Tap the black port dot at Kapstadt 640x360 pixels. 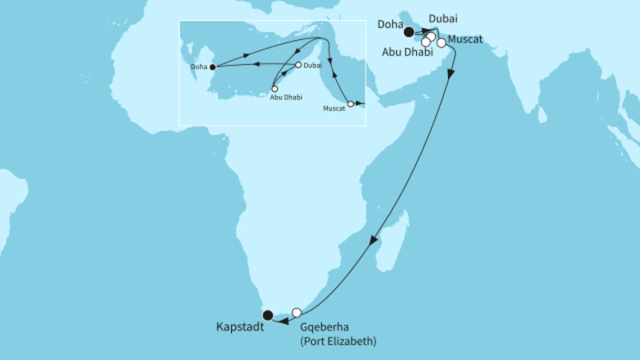(269, 315)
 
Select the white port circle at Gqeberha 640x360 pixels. (297, 312)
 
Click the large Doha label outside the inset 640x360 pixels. (390, 26)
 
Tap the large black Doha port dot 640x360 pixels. (409, 33)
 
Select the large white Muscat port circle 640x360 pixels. (441, 42)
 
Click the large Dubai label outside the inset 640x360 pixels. (444, 18)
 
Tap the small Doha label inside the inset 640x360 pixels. (199, 67)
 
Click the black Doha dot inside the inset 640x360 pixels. (212, 67)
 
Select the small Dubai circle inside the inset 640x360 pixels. (298, 65)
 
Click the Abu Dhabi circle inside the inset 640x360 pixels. (275, 89)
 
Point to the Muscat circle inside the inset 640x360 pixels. (350, 103)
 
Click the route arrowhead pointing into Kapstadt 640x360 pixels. (276, 322)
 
